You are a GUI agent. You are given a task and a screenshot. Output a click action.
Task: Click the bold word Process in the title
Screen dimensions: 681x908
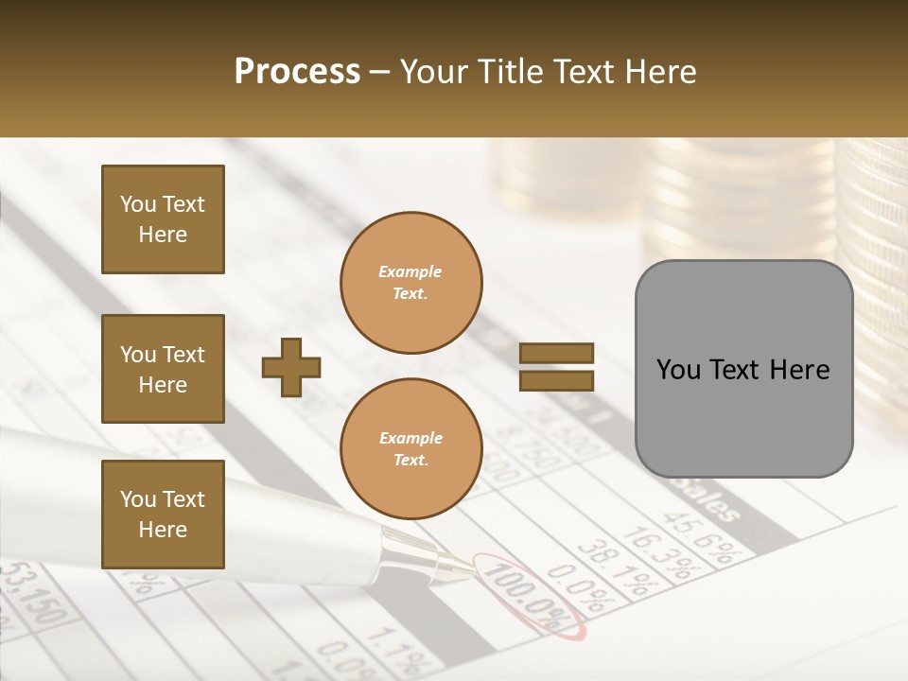click(x=297, y=72)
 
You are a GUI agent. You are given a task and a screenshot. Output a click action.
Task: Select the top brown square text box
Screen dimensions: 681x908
click(x=163, y=219)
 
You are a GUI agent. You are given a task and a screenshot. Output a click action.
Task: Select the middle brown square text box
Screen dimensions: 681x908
click(x=163, y=369)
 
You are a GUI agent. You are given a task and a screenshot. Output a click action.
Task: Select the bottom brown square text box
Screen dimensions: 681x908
click(x=163, y=514)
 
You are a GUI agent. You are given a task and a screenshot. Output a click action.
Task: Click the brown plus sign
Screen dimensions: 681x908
click(x=291, y=366)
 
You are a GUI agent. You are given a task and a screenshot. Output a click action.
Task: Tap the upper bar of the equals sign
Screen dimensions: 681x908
click(x=557, y=353)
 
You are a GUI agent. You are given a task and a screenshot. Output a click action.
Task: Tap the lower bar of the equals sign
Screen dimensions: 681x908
click(x=557, y=380)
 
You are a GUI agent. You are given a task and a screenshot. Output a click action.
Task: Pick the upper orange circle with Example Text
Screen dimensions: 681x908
click(x=411, y=283)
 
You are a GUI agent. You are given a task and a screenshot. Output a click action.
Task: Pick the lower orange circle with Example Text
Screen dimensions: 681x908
click(x=411, y=448)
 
